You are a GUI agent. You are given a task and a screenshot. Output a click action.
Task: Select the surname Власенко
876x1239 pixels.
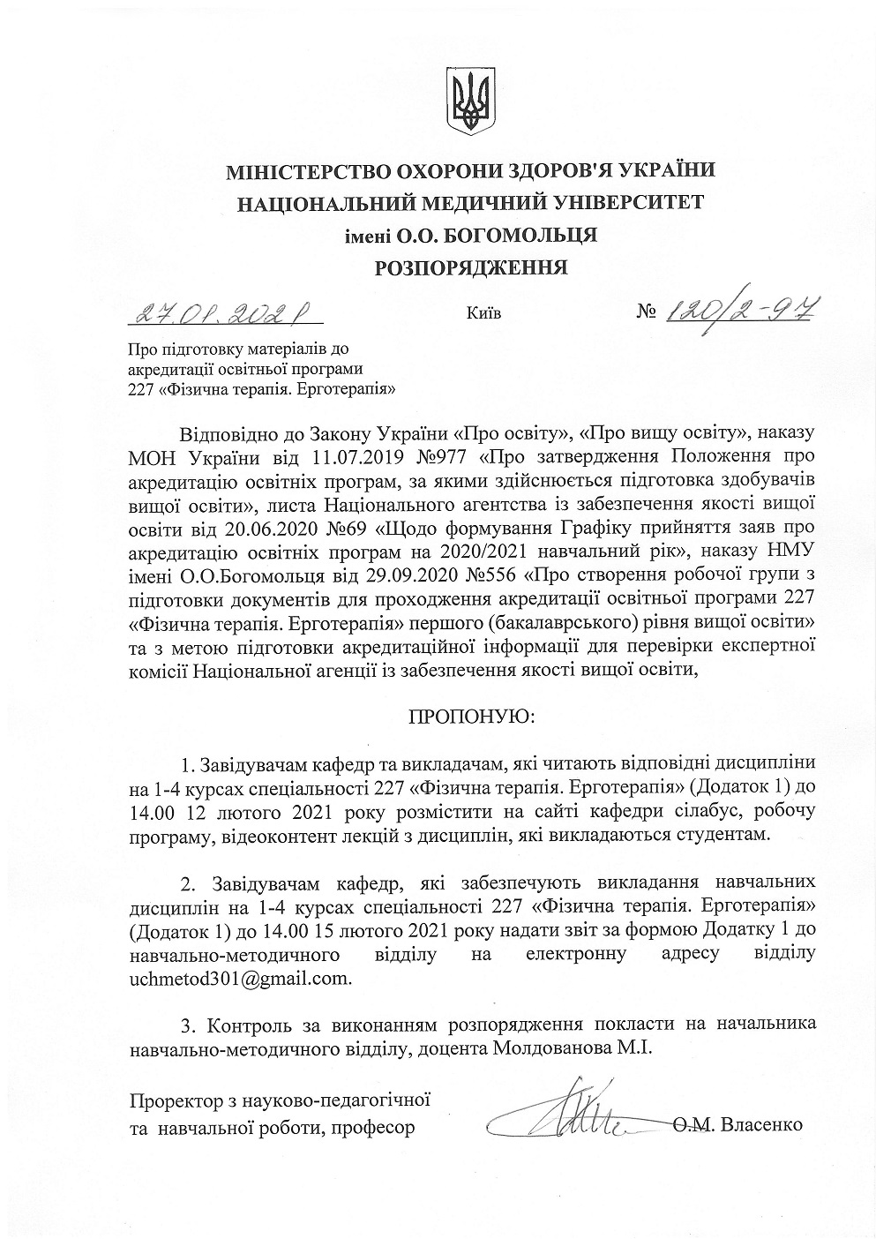[762, 1125]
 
